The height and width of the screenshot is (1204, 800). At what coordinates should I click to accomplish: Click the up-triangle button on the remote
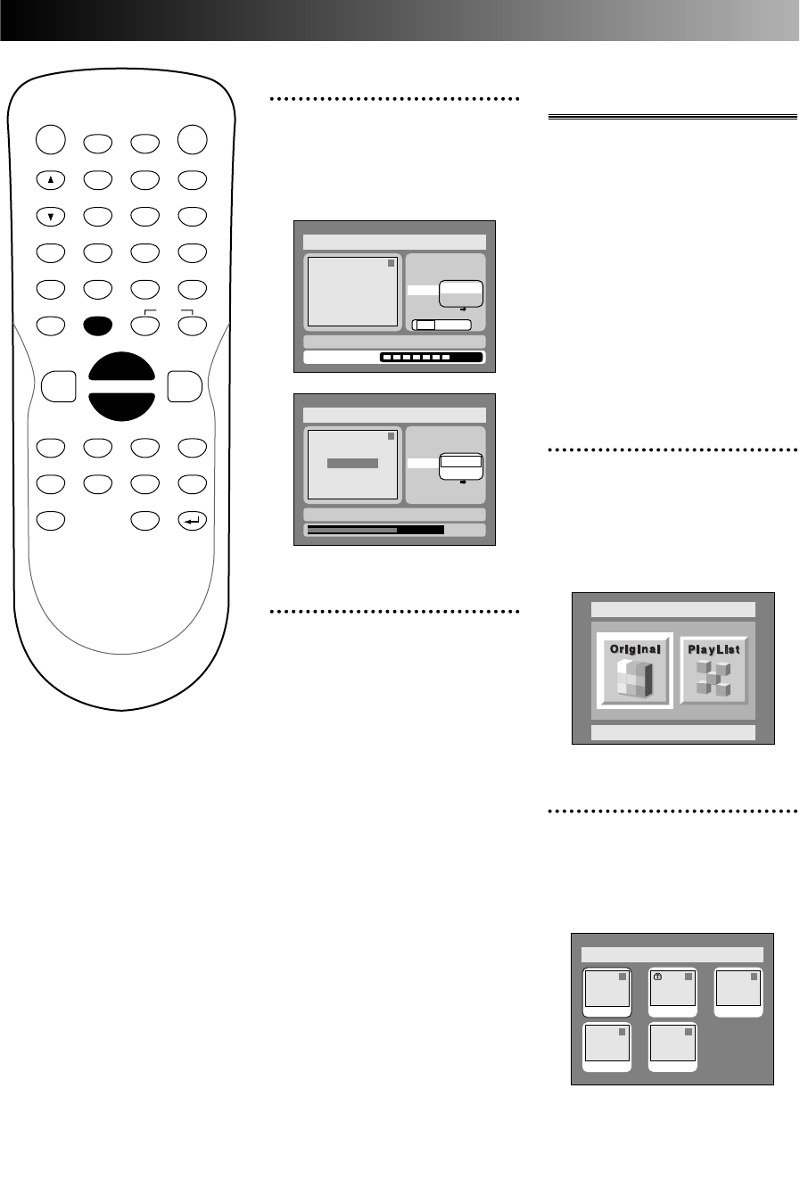pyautogui.click(x=51, y=179)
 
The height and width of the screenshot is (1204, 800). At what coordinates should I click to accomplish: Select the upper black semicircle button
pyautogui.click(x=121, y=373)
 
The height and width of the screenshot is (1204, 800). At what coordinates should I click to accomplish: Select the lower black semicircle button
pyautogui.click(x=121, y=403)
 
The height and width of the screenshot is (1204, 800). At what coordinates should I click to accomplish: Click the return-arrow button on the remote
pyautogui.click(x=192, y=520)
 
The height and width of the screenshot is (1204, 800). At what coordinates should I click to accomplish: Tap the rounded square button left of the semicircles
pyautogui.click(x=58, y=387)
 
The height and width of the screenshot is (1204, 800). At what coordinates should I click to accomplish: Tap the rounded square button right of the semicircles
pyautogui.click(x=185, y=387)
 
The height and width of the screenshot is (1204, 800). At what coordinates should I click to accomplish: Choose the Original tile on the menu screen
pyautogui.click(x=635, y=672)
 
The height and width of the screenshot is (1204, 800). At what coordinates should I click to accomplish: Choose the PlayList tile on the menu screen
pyautogui.click(x=714, y=672)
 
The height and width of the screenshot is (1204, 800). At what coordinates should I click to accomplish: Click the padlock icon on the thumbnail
pyautogui.click(x=657, y=977)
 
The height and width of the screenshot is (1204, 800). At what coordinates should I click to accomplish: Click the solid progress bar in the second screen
pyautogui.click(x=375, y=530)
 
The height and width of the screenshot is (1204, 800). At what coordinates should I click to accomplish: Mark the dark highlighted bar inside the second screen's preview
pyautogui.click(x=352, y=464)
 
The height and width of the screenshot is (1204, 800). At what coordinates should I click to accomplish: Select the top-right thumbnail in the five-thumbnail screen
pyautogui.click(x=739, y=992)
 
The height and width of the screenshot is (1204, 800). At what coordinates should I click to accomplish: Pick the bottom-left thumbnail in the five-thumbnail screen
pyautogui.click(x=606, y=1047)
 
